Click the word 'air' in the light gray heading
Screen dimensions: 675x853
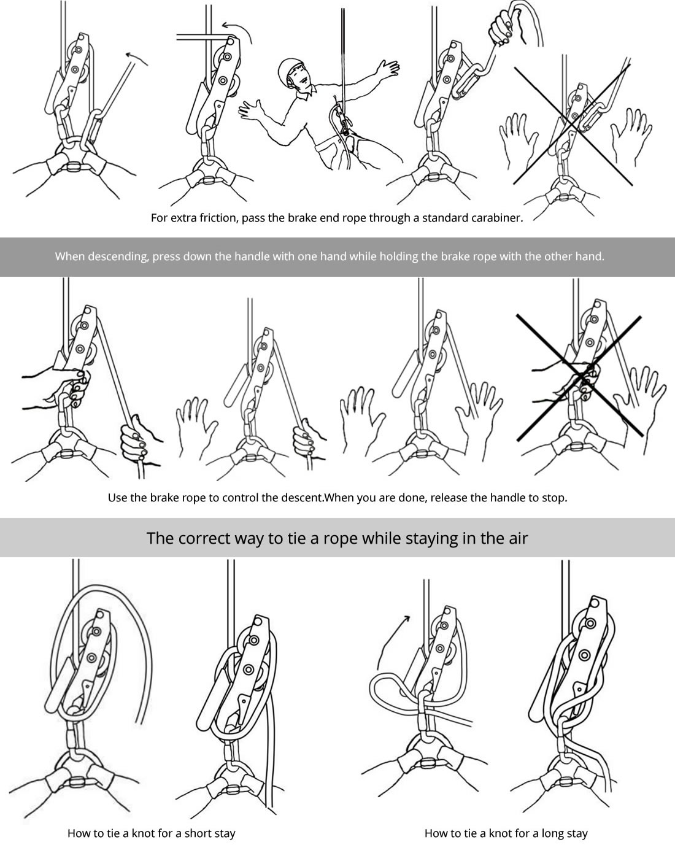click(519, 538)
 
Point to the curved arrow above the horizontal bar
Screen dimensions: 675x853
click(239, 29)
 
